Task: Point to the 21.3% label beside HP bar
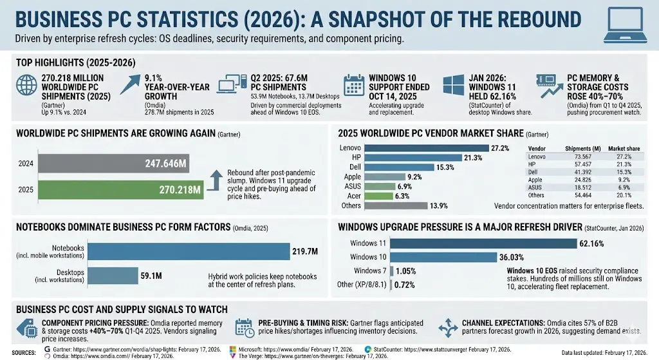473,158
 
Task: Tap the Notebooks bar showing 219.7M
188,251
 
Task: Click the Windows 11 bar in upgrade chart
483,243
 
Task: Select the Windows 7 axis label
370,270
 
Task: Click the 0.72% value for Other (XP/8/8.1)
404,284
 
